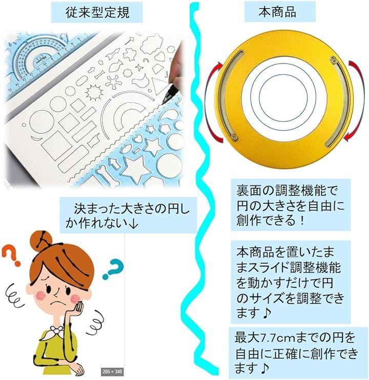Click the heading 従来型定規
tap(97, 12)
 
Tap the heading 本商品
tap(277, 12)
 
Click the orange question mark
tap(11, 255)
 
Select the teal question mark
tap(113, 268)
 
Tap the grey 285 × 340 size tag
tap(112, 371)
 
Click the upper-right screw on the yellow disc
tap(333, 59)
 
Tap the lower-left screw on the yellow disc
tap(234, 137)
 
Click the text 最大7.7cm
tap(264, 338)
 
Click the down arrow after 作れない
tap(133, 223)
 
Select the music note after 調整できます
tap(266, 313)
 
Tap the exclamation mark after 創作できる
tap(301, 221)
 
